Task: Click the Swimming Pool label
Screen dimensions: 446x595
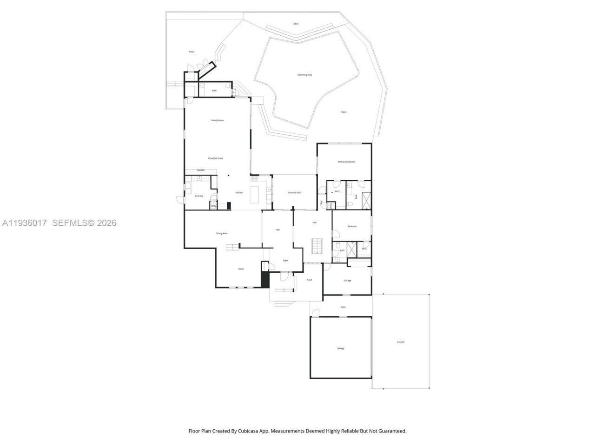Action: pos(304,75)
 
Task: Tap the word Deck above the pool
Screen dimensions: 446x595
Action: pos(296,24)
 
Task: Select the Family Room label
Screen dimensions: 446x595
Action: pos(218,120)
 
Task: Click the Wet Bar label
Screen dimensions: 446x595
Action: pos(201,171)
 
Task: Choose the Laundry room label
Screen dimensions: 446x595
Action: pos(199,196)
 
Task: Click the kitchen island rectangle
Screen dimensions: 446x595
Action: pos(255,195)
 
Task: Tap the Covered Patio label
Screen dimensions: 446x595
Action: pos(295,192)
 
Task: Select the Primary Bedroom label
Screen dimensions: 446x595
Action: pos(346,162)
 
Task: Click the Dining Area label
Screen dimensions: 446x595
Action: pos(222,233)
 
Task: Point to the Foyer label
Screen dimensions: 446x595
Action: pos(285,261)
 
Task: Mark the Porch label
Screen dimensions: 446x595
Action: pos(309,280)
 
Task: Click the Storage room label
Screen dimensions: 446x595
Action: pos(347,281)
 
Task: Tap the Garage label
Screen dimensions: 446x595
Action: pos(341,348)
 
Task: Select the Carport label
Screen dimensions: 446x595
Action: pos(401,342)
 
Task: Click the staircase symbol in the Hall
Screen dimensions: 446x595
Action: pos(316,246)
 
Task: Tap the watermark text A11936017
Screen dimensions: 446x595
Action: pos(25,223)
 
